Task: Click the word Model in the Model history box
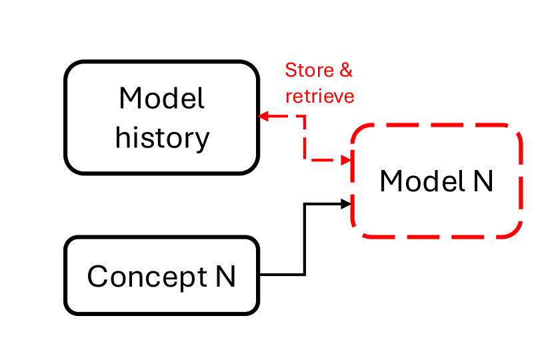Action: coord(162,99)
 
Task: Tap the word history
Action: coord(162,138)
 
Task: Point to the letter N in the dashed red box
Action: coord(483,181)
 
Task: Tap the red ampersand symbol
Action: coord(346,70)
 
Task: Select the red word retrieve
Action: coord(319,97)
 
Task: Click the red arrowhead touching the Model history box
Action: coord(263,117)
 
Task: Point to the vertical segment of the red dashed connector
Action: coord(305,139)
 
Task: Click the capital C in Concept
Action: coord(97,276)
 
